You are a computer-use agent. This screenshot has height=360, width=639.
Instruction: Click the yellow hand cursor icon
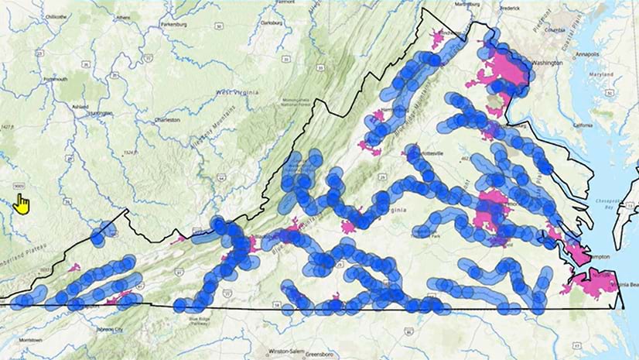click(x=22, y=205)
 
